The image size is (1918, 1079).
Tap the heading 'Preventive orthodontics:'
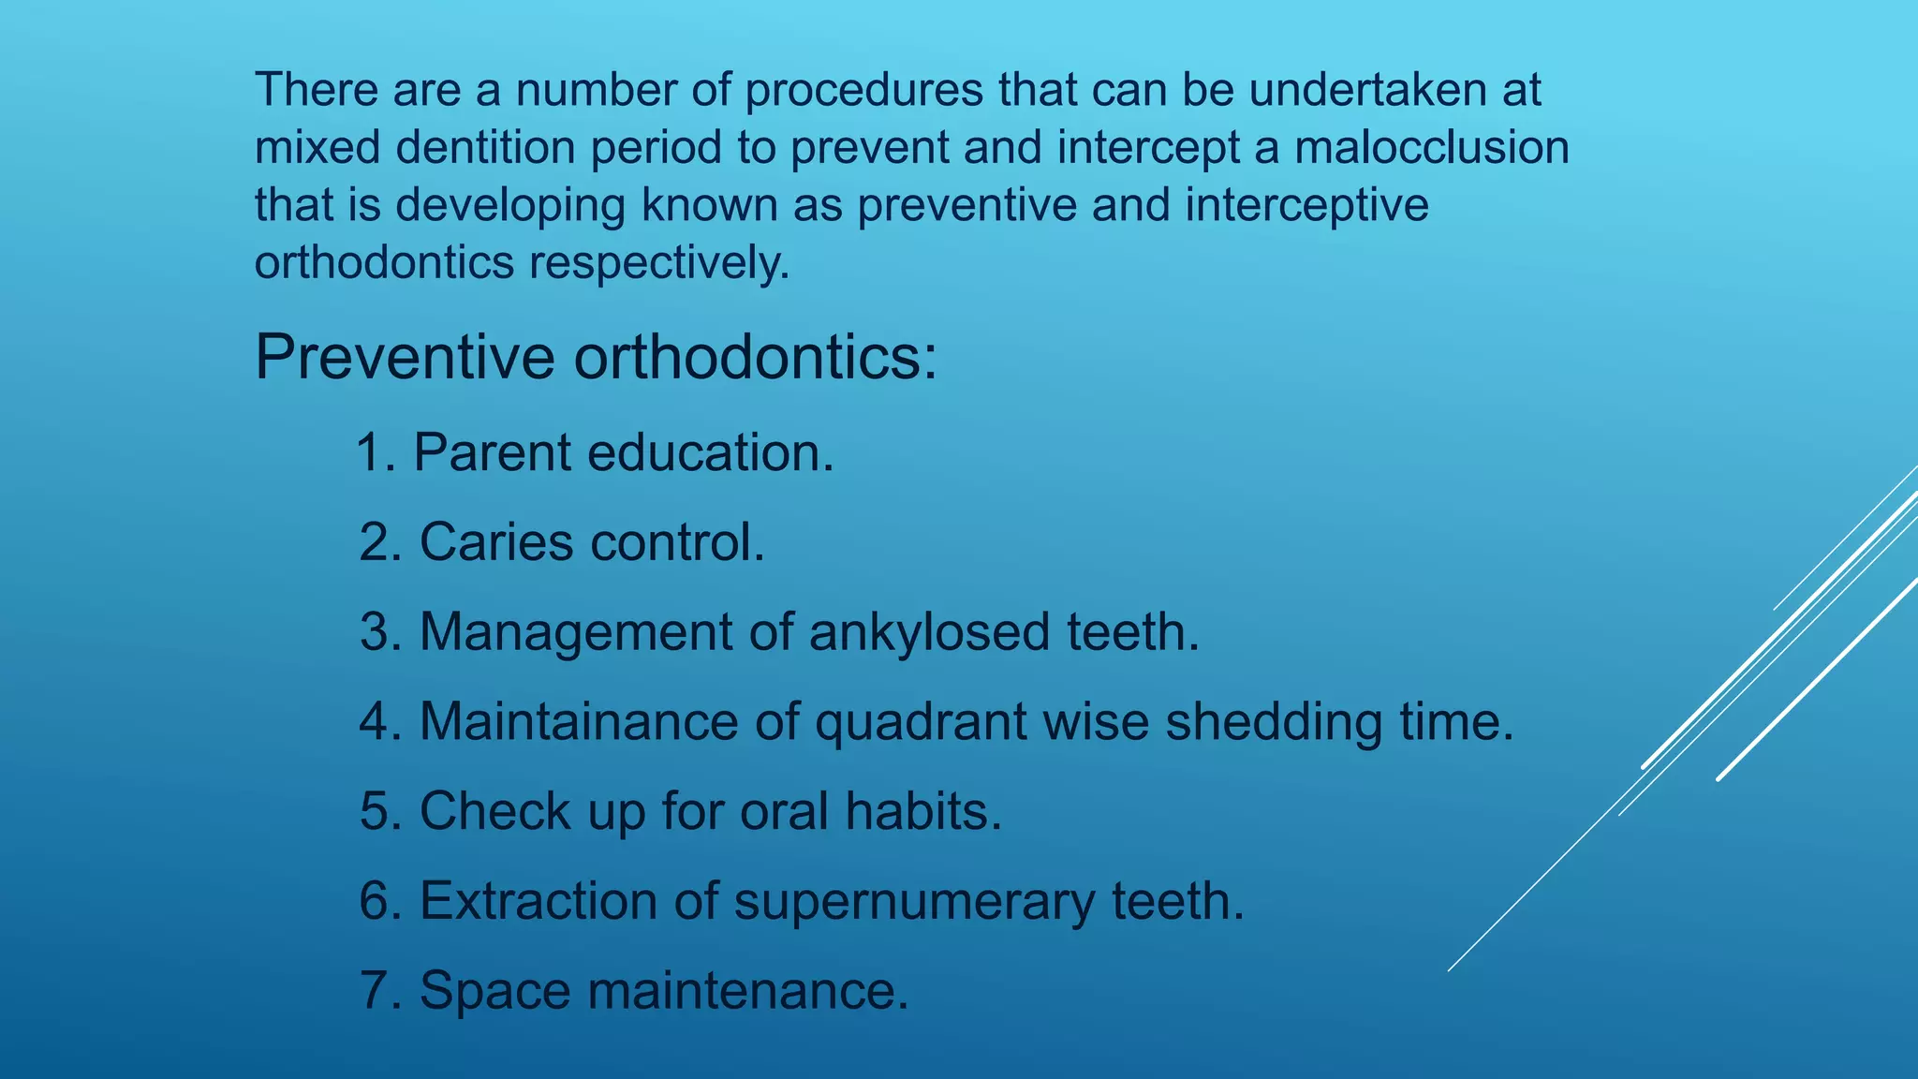click(596, 357)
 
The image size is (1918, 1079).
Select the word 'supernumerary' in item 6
click(913, 901)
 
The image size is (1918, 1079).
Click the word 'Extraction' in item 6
click(538, 901)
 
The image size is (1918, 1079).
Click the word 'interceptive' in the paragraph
click(1306, 205)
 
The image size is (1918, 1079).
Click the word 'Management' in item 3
click(575, 632)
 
